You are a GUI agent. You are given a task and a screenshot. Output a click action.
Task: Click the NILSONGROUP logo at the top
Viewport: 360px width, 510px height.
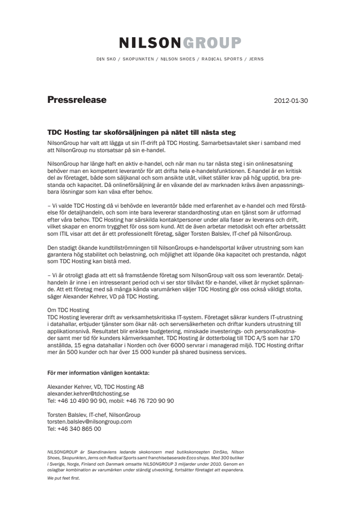click(180, 43)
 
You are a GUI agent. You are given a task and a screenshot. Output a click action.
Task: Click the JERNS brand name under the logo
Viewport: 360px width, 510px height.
click(256, 59)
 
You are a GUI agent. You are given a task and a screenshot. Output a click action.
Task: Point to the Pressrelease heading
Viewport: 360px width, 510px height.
click(77, 100)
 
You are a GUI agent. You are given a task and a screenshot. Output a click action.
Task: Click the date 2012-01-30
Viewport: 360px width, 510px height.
click(291, 101)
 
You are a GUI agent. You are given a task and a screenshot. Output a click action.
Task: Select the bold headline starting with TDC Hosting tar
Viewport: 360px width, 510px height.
click(141, 132)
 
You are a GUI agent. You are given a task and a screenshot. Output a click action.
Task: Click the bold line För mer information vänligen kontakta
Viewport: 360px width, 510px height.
click(98, 373)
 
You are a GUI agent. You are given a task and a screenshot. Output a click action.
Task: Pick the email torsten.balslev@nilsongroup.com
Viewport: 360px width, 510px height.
click(89, 421)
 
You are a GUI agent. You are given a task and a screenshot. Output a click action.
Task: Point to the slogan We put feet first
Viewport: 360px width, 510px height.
click(63, 478)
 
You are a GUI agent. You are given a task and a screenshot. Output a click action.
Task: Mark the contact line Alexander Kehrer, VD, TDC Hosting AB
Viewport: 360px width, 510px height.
click(96, 387)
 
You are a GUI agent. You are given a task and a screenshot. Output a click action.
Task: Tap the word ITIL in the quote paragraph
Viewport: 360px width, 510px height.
click(62, 234)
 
